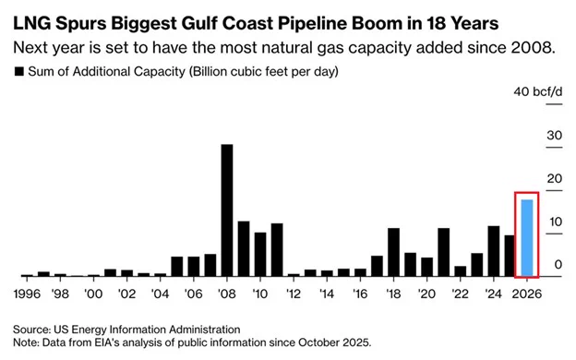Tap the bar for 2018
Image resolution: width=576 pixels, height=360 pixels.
click(393, 252)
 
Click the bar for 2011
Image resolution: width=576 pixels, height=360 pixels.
click(277, 250)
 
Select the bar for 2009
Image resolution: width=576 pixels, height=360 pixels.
click(244, 249)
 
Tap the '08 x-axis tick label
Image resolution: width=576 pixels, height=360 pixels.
click(227, 294)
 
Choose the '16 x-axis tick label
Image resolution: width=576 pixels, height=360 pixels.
click(360, 294)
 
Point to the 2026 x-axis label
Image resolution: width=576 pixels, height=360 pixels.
click(527, 294)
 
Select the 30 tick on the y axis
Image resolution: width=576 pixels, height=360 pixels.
click(528, 135)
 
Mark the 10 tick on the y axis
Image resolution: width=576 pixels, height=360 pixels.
click(528, 222)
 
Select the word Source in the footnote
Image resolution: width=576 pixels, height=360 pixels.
click(33, 329)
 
